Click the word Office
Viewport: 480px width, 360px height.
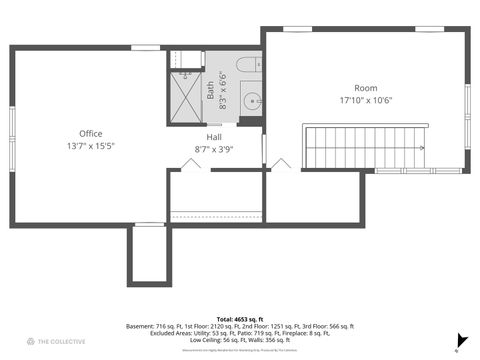90,133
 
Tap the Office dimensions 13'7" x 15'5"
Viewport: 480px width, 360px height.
90,146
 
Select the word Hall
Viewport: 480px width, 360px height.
214,137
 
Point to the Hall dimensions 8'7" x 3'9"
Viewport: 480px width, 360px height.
214,149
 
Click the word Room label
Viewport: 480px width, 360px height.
365,88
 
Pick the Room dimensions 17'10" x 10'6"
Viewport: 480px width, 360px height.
365,100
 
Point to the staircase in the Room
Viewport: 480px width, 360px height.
365,146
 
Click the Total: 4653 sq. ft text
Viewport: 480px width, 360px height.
239,318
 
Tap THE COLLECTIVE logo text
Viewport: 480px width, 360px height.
62,342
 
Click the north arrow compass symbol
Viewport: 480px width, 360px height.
462,340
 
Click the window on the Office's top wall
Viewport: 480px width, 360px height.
146,48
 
